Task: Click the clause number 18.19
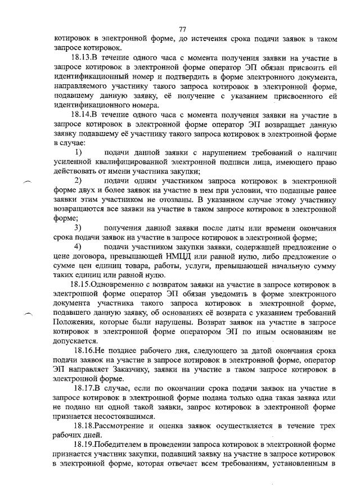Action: click(x=84, y=446)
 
